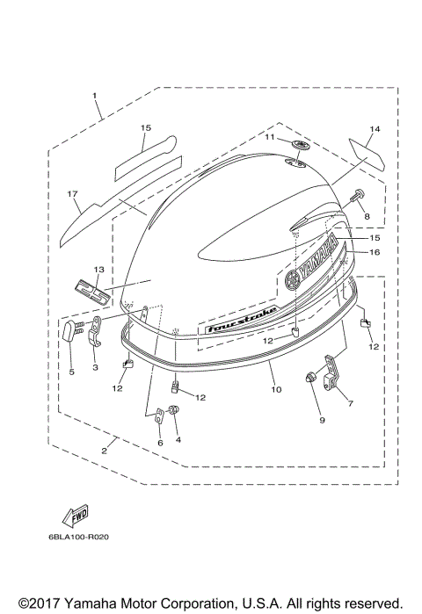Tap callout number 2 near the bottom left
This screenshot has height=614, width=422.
[104, 451]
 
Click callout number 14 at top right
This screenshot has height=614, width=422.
[375, 130]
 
